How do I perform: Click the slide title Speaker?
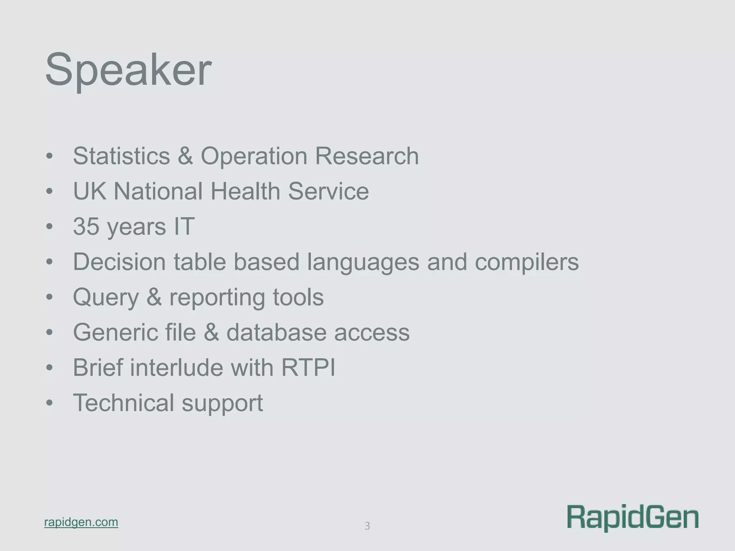point(128,70)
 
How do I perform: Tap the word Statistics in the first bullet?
point(121,156)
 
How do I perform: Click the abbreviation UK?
point(89,191)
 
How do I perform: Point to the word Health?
point(245,191)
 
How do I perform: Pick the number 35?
point(86,226)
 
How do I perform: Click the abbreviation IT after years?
point(184,226)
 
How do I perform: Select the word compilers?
point(526,262)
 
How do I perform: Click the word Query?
point(106,297)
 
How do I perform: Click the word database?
point(276,332)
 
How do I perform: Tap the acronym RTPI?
point(308,367)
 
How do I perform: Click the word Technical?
point(123,402)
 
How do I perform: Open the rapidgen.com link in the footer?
point(81,522)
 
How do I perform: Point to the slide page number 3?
point(367,526)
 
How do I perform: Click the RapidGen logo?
point(633,518)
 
